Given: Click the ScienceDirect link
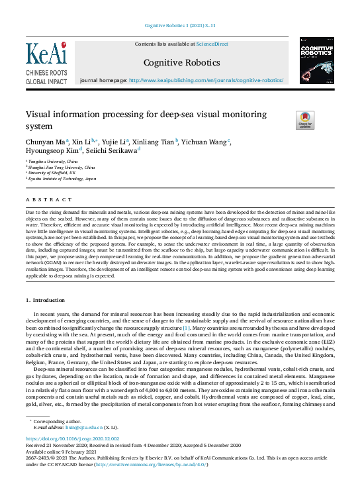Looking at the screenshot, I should coord(213,44).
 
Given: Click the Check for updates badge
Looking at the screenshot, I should coord(286,120).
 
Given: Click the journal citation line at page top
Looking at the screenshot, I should coord(180,26).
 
